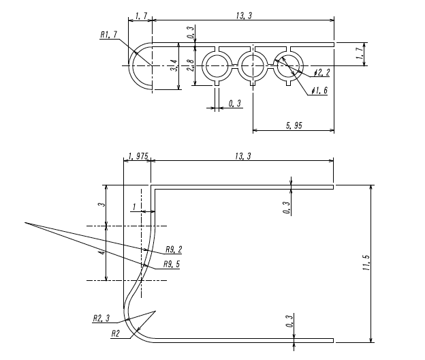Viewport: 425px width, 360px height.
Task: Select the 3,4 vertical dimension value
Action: point(174,65)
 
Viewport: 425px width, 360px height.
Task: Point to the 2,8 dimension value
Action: point(189,65)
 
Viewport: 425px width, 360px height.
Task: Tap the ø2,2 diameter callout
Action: point(322,73)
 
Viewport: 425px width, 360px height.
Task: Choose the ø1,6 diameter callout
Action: point(318,91)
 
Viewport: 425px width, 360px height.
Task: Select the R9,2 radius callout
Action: point(174,250)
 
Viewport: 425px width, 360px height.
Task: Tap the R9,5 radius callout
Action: point(172,265)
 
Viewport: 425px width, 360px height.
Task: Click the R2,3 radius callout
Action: point(101,318)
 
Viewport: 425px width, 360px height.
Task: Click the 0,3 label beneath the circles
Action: point(234,104)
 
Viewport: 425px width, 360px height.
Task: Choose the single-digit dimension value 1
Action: point(134,207)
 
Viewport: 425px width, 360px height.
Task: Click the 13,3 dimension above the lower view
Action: point(242,156)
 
